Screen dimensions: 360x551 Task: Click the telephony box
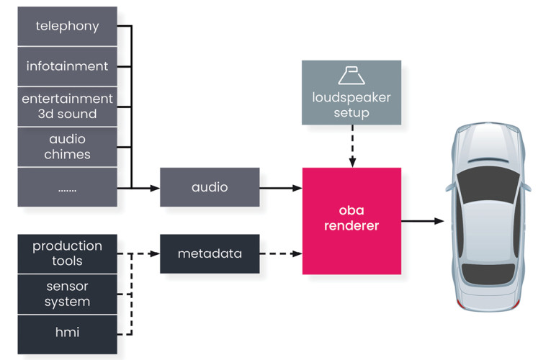point(67,27)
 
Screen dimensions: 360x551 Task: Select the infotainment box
point(67,66)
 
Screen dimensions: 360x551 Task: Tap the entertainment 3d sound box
point(67,106)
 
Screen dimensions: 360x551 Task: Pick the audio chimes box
point(67,146)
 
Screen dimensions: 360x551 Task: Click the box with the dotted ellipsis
point(67,187)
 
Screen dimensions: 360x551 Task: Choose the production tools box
point(67,253)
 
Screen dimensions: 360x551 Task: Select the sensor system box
point(67,294)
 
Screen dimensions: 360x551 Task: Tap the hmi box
point(67,333)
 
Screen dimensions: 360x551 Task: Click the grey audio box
point(210,187)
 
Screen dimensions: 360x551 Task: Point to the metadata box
point(210,253)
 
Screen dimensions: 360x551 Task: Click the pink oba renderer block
point(351,220)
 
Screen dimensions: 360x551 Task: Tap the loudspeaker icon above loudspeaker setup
point(351,76)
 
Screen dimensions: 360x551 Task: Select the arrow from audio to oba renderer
point(281,188)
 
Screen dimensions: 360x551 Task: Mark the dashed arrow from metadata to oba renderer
point(281,253)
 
